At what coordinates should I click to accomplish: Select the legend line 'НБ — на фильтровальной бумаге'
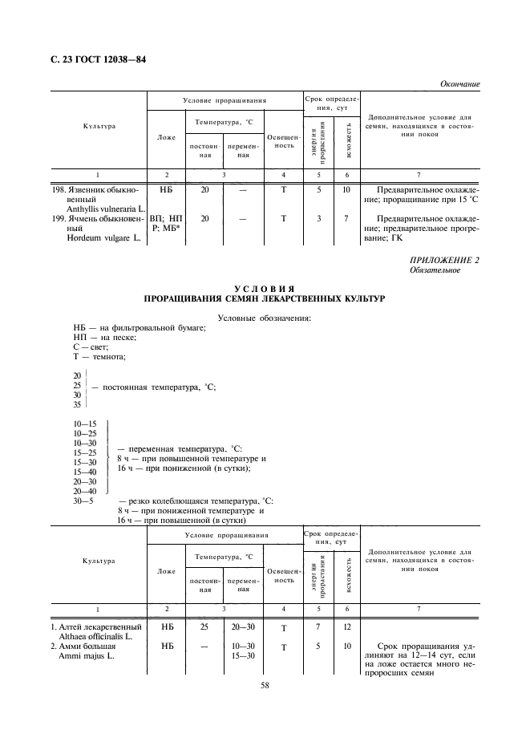(x=139, y=328)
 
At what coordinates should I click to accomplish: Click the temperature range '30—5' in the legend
(x=83, y=501)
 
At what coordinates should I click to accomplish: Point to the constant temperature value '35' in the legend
(x=77, y=405)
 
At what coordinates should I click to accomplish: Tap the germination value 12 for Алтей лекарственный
(x=347, y=626)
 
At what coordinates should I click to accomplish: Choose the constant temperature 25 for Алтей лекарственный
(x=204, y=626)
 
